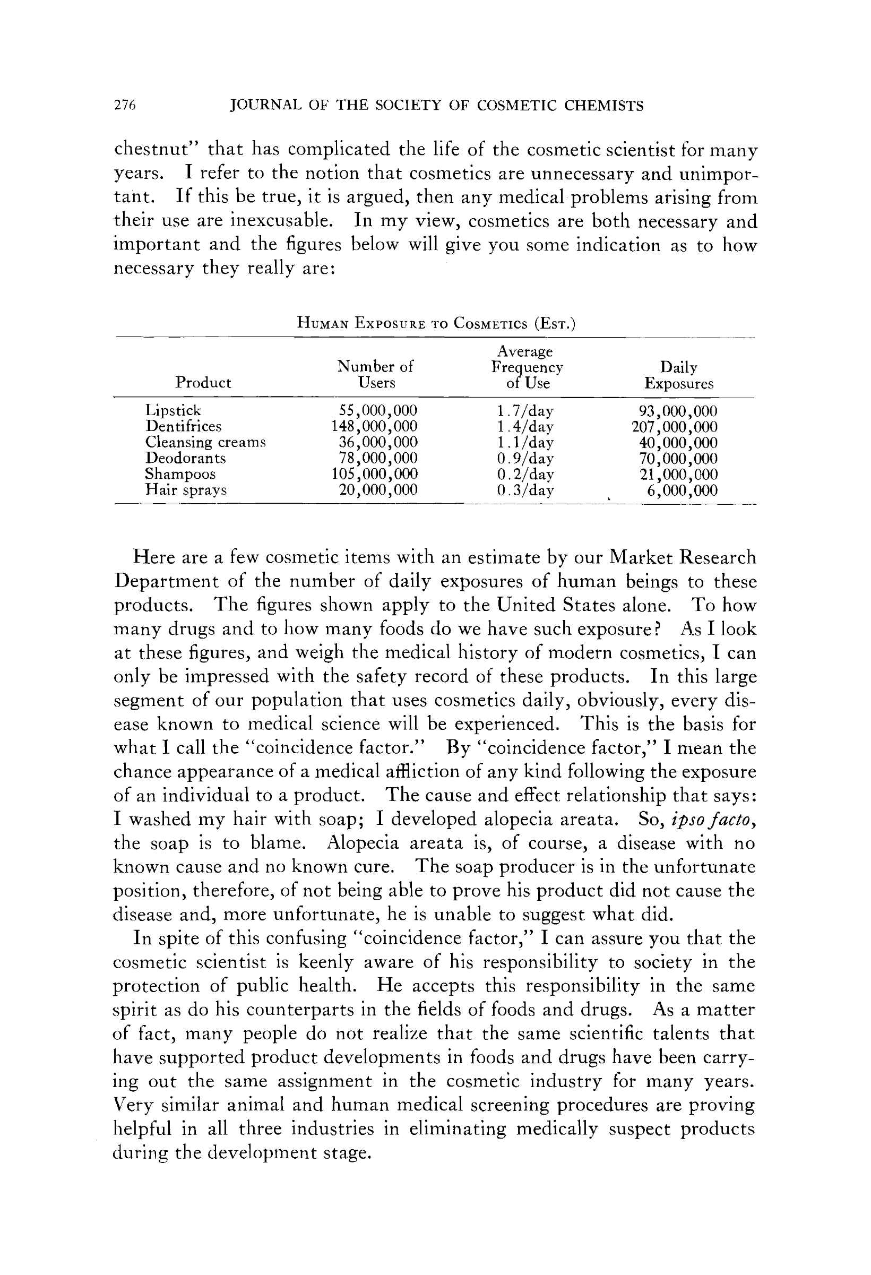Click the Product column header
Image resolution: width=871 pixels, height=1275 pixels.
coord(203,382)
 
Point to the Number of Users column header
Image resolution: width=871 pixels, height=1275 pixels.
coord(376,374)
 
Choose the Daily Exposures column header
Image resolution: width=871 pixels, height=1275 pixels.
coord(679,375)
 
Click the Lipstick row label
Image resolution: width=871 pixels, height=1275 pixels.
coord(174,410)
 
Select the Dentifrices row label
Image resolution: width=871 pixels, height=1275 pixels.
coord(183,426)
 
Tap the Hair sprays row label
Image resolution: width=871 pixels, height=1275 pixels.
coord(185,489)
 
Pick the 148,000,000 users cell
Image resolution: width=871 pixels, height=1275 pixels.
coord(375,426)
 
